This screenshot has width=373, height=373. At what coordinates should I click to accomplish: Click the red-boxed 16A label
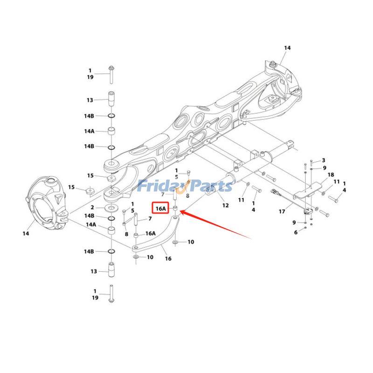160,208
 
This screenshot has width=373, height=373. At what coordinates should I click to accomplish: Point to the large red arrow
215,224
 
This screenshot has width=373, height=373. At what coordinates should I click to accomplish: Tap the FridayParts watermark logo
185,186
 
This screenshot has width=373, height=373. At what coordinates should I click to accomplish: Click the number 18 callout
331,175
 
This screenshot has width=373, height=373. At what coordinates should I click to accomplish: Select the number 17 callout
282,211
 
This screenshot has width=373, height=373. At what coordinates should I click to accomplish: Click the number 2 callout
92,207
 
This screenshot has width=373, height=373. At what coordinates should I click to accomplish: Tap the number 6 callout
296,232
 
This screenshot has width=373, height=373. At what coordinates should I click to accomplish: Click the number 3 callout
324,160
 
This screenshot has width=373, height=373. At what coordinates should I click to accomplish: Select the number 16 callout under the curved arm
168,259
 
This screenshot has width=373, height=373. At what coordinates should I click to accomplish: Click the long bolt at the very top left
111,75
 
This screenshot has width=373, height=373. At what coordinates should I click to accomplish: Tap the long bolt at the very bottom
111,294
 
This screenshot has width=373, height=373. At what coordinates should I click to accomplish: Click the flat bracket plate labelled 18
308,191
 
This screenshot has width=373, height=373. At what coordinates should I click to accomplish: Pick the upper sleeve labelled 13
111,99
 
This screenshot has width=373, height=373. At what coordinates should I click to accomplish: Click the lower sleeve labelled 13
111,269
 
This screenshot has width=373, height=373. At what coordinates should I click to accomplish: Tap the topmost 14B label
89,116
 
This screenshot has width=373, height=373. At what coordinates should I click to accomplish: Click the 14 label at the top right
287,48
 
